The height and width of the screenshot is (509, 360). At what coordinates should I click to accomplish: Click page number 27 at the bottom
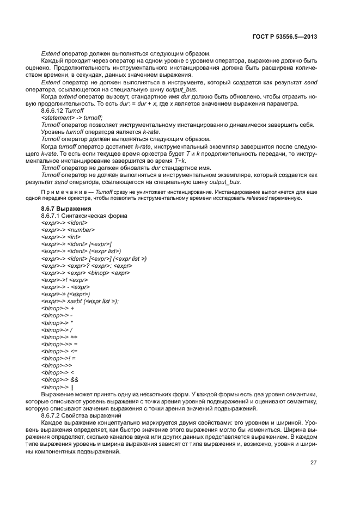[x=313, y=463]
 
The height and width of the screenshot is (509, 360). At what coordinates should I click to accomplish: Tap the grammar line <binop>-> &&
[x=60, y=379]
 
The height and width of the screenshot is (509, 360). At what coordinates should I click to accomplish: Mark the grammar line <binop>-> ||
[x=57, y=387]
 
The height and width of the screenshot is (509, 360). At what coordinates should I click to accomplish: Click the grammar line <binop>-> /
[x=57, y=330]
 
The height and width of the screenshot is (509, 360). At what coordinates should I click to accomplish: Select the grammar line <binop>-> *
[x=57, y=322]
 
